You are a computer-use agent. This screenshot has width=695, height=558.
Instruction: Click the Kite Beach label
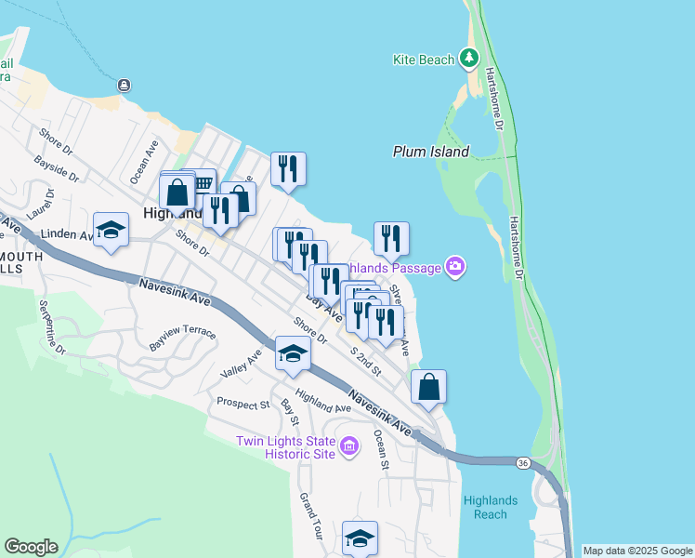[423, 60]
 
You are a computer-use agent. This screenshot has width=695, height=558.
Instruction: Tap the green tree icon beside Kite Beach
[470, 59]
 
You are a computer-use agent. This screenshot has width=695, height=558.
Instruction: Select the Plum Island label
[430, 152]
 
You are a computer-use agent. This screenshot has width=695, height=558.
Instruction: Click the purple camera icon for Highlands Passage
[455, 268]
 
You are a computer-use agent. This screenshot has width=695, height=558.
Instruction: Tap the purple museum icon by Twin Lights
[349, 447]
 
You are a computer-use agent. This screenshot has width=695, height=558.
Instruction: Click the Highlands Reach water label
[485, 508]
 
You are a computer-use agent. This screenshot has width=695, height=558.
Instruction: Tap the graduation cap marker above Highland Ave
[293, 353]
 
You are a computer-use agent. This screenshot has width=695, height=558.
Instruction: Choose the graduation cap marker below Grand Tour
[361, 538]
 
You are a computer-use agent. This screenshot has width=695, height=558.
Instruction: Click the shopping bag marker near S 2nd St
[428, 386]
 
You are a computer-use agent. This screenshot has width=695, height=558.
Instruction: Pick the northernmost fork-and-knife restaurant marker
[288, 168]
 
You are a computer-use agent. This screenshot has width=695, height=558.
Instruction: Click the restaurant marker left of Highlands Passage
[391, 239]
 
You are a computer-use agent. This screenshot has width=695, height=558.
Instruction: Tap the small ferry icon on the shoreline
[124, 86]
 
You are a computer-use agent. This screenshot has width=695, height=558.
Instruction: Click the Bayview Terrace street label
[182, 333]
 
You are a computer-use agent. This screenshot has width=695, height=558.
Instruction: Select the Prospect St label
[243, 404]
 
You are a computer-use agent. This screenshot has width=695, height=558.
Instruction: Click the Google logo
[31, 547]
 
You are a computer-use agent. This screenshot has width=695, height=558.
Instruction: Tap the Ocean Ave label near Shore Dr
[145, 160]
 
